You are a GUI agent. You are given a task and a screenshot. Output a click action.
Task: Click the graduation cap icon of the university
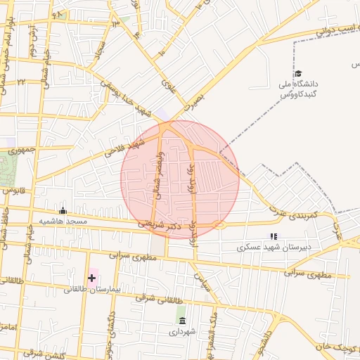point(297,74)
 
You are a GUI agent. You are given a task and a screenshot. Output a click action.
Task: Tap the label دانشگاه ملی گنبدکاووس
point(297,89)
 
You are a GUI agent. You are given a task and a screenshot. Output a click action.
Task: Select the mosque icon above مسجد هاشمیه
point(63,210)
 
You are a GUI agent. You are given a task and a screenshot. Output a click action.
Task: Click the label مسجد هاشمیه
point(63,221)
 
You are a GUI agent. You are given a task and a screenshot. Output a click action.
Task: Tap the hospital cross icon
point(91,278)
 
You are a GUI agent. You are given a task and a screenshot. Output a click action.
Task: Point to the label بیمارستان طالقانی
point(91,288)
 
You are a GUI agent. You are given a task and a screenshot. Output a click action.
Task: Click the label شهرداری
point(182,330)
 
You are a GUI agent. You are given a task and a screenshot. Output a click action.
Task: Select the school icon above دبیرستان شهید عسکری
point(273,236)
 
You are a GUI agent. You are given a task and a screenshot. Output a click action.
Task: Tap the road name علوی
point(167,84)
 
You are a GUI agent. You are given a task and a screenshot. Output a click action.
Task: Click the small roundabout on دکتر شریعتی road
point(220,225)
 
